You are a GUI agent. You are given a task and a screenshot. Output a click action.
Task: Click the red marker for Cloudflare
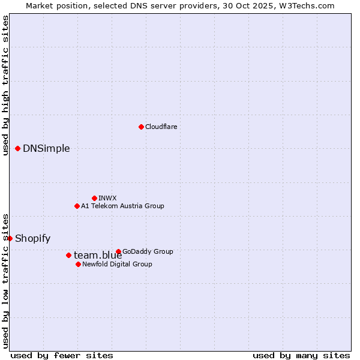(141, 127)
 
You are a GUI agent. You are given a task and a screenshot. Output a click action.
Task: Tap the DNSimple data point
(17, 148)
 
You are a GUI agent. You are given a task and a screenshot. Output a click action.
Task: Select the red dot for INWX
(94, 198)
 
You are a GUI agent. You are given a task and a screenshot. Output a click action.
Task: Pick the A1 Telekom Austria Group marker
(77, 206)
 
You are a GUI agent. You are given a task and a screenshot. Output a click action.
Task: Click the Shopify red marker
(10, 238)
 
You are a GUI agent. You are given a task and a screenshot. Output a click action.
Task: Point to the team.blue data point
(68, 255)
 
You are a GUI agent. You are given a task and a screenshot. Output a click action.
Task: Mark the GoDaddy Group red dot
(118, 251)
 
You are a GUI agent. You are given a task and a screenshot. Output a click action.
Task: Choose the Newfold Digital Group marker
(78, 264)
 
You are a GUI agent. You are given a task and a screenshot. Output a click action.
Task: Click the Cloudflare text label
(161, 127)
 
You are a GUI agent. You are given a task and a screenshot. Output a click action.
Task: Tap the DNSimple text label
(46, 149)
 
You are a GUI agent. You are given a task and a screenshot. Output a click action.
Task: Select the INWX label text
(107, 198)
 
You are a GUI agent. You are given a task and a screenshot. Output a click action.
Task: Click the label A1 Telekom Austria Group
(122, 206)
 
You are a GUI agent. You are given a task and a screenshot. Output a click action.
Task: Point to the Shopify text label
(32, 238)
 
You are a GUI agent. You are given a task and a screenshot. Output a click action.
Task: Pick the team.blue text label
(98, 256)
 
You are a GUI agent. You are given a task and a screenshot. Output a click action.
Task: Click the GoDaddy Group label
(148, 251)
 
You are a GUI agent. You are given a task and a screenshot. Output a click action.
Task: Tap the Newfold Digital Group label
(117, 264)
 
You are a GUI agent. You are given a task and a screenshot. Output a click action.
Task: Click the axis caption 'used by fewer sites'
(62, 355)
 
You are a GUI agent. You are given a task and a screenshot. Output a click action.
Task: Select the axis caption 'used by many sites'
(301, 355)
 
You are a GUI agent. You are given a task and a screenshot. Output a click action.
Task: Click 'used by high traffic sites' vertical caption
(5, 85)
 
